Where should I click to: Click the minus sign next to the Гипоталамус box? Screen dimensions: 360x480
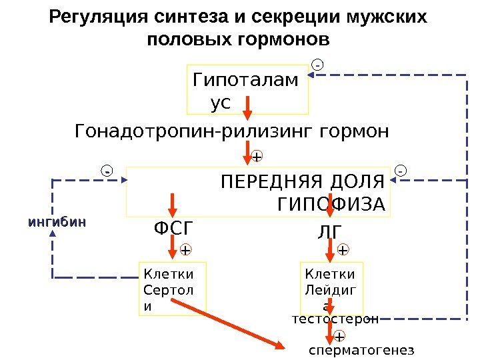(318, 65)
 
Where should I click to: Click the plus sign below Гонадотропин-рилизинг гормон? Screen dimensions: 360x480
(257, 157)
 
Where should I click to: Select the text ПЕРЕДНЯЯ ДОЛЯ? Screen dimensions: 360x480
(303, 181)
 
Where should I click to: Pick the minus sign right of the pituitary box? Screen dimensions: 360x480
(401, 171)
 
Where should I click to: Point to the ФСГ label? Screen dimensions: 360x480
(173, 229)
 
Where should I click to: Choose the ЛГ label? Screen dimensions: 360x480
(330, 231)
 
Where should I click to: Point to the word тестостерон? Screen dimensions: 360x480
(335, 319)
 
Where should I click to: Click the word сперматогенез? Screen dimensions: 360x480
(361, 349)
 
